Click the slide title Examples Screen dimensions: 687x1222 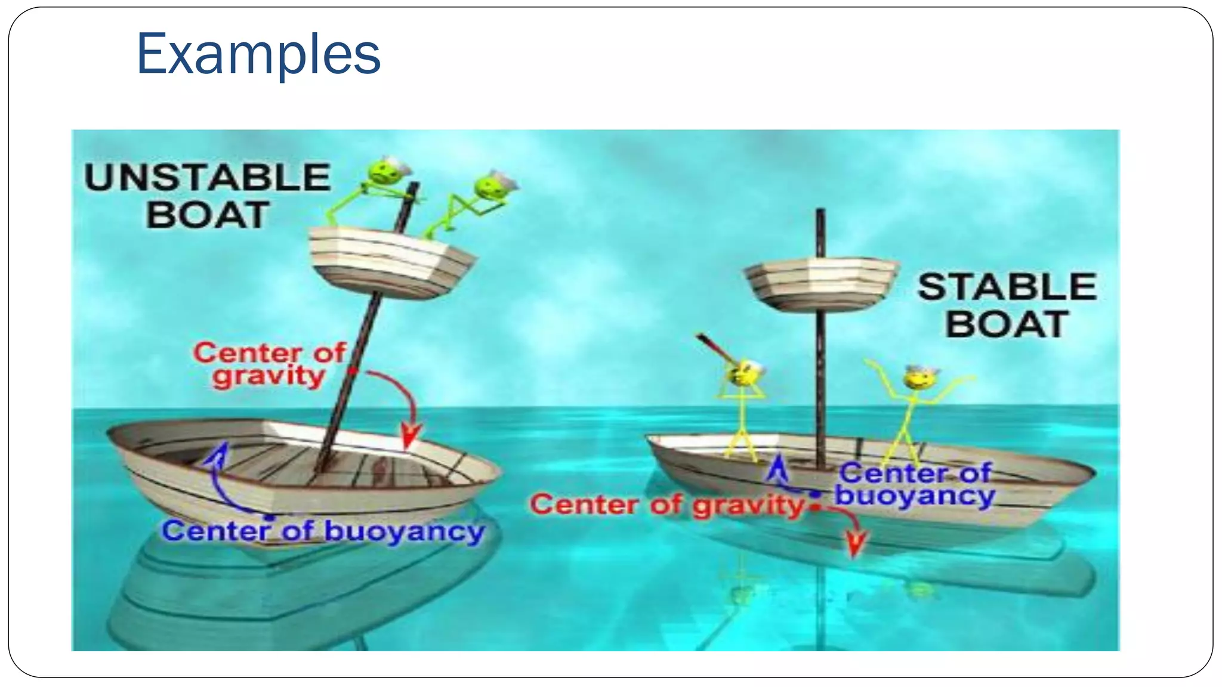tap(258, 55)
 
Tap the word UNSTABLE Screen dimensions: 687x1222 tap(207, 177)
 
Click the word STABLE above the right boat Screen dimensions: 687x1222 tap(1007, 287)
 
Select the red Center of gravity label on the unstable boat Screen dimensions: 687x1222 tap(269, 364)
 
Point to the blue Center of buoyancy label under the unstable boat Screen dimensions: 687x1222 tap(323, 531)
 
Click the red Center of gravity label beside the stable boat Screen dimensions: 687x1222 tap(668, 505)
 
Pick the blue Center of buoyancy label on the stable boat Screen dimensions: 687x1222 tap(915, 484)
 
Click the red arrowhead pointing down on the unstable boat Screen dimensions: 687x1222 tap(411, 435)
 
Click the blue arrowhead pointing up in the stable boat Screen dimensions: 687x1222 tap(777, 468)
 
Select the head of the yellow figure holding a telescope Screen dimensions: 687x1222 tap(742, 375)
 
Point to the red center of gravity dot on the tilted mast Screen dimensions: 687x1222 tap(353, 371)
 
